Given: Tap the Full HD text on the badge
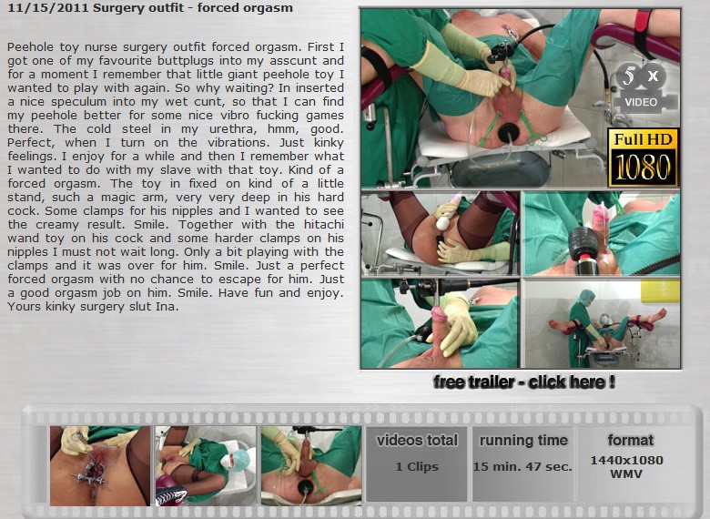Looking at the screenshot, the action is (x=643, y=139).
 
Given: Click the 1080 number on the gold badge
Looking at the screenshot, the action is (x=643, y=168).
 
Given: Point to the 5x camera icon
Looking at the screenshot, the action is (x=641, y=87).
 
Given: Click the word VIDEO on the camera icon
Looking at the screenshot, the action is (x=641, y=102).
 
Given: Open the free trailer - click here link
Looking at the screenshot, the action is (x=524, y=382).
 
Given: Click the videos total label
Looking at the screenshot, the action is (x=417, y=440).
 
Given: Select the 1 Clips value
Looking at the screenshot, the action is (x=417, y=466).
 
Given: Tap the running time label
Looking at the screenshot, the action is (x=523, y=440).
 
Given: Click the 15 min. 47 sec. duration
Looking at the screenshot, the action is (x=522, y=466).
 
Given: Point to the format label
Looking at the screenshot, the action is (x=630, y=440).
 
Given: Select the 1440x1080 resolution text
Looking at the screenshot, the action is (x=626, y=461).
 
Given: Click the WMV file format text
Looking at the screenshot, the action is (x=626, y=474).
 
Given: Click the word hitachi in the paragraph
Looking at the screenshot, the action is (x=324, y=225).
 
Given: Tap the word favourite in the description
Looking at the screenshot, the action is (x=124, y=61).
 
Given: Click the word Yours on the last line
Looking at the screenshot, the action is (x=23, y=307).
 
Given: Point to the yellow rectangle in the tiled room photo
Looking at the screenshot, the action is (x=660, y=290).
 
